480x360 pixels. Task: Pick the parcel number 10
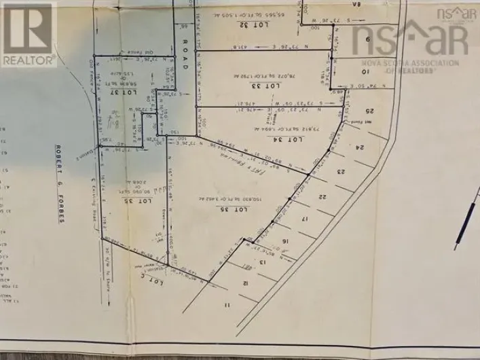click(365, 71)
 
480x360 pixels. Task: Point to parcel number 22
click(323, 196)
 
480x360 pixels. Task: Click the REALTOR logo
click(29, 33)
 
